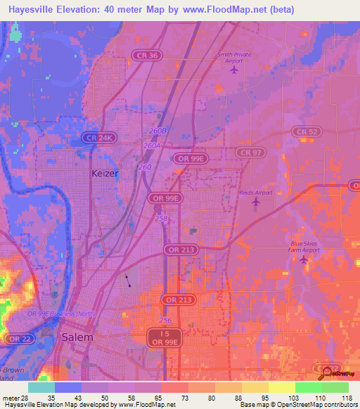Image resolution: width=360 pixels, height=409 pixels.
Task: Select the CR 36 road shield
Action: (146, 55)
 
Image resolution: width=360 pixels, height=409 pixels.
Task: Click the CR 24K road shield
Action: (98, 138)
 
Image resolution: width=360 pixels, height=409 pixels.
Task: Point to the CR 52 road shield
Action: (307, 131)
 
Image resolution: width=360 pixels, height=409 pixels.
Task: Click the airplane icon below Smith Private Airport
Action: (235, 70)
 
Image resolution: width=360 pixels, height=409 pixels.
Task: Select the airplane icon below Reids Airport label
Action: (255, 202)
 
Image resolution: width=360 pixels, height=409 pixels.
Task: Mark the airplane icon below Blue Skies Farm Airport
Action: (304, 260)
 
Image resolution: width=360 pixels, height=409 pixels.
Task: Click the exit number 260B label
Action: (157, 131)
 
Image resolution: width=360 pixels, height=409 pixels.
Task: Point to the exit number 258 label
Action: (161, 219)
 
